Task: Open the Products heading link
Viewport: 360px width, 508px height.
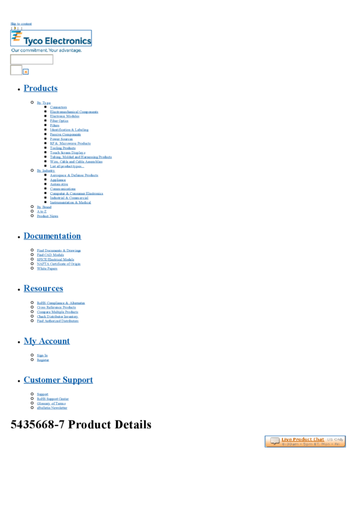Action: point(41,88)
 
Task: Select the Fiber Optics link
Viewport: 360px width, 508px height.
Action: point(59,121)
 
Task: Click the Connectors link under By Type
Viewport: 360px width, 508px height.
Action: point(59,107)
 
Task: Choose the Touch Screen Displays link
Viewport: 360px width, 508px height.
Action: point(68,152)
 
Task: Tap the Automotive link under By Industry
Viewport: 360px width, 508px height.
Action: point(59,184)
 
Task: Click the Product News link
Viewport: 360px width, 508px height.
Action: point(47,216)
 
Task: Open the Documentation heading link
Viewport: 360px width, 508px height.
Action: point(52,236)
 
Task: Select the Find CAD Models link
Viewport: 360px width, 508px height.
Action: point(50,255)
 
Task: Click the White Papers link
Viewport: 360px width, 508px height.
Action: point(47,268)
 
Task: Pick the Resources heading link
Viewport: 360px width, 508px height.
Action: point(43,289)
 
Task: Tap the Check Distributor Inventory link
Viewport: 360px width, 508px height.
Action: point(57,316)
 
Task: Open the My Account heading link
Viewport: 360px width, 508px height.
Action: point(47,341)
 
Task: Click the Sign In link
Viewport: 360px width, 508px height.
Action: point(42,355)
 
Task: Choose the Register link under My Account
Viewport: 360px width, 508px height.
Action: point(43,360)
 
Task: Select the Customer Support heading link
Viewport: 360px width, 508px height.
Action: point(58,380)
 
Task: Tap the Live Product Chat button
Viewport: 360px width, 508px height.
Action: point(305,442)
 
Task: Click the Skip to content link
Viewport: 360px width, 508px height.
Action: point(21,24)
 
